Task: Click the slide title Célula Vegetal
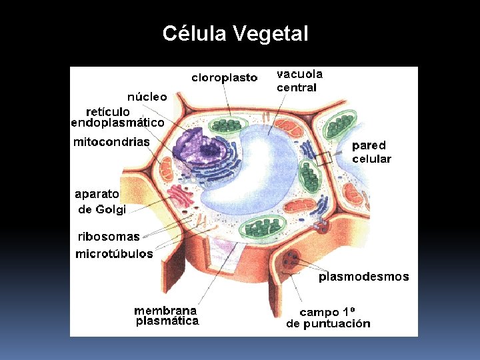[x=235, y=33]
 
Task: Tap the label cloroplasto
[x=224, y=78]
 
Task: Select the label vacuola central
[x=299, y=81]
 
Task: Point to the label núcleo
[x=147, y=97]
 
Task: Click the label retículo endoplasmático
[x=117, y=117]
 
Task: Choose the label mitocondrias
[x=111, y=142]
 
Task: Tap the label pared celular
[x=371, y=152]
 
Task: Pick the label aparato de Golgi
[x=101, y=201]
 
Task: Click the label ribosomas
[x=109, y=237]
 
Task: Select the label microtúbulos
[x=114, y=254]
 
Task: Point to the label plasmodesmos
[x=363, y=277]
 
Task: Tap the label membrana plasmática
[x=167, y=315]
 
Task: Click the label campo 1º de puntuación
[x=328, y=318]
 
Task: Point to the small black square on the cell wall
[x=324, y=159]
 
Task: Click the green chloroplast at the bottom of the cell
[x=261, y=226]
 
